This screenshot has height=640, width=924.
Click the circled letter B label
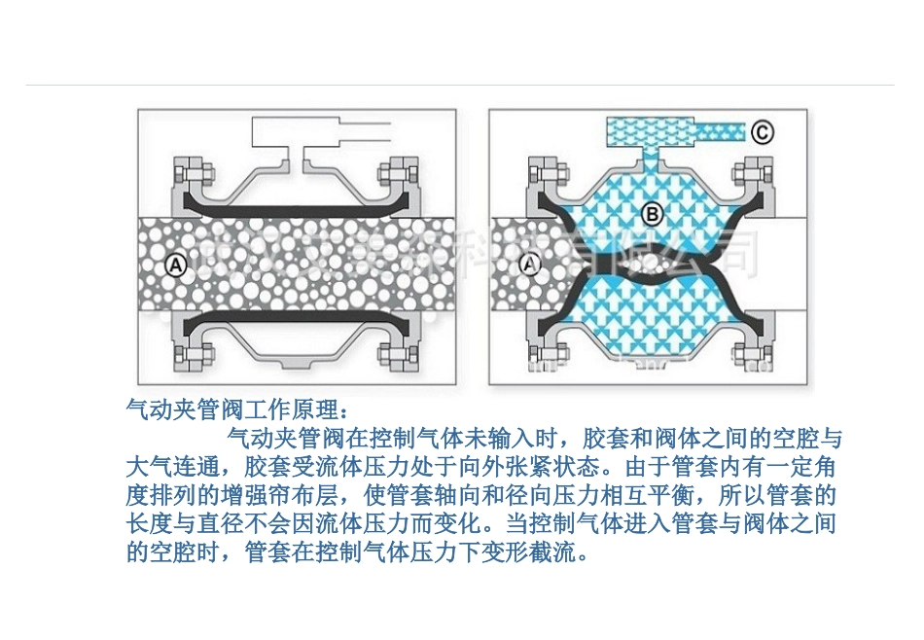(653, 213)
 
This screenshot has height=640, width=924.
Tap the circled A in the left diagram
(175, 263)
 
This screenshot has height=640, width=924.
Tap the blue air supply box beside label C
(647, 129)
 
